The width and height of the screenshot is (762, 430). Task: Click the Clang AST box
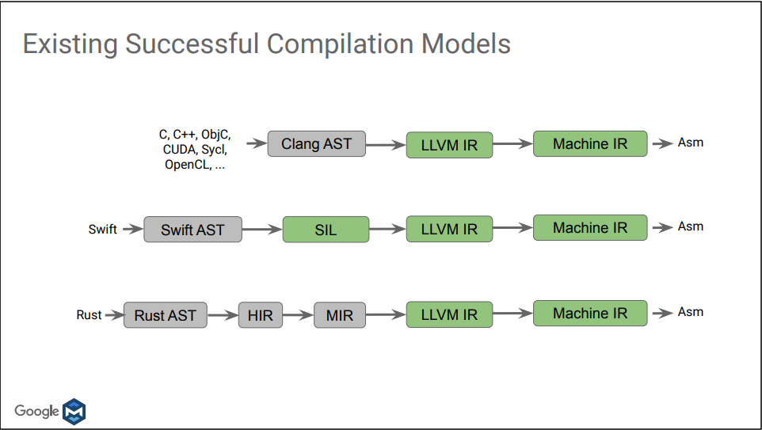tap(316, 144)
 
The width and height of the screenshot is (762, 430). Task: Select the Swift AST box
tap(192, 230)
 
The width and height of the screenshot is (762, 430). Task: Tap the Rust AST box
tap(165, 315)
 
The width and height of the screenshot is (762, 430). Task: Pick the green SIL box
tap(326, 230)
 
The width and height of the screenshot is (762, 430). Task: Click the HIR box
tap(260, 315)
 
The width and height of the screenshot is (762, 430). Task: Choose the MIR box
tap(340, 315)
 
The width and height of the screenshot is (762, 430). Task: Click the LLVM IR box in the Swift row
tap(449, 230)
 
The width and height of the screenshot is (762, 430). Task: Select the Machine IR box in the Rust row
tap(590, 314)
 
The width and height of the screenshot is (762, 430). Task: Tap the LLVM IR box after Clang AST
tap(449, 145)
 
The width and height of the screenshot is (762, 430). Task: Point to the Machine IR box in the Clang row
tap(590, 144)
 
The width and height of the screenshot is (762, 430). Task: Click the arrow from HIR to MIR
tap(298, 315)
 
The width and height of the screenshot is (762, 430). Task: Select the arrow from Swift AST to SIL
tap(262, 230)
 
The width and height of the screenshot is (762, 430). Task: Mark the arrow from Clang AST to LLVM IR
tap(386, 145)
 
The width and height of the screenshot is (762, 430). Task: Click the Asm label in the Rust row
tap(690, 312)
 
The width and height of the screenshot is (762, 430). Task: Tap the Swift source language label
tap(102, 230)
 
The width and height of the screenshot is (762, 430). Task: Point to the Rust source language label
tap(89, 315)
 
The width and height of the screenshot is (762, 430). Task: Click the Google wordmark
tap(36, 411)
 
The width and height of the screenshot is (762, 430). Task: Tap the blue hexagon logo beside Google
tap(74, 411)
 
